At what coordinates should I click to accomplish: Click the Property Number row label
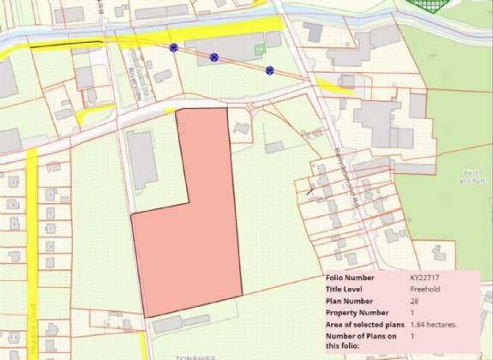pyautogui.click(x=352, y=314)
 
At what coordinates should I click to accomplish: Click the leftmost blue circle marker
pyautogui.click(x=174, y=48)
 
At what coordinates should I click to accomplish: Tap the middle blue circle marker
pyautogui.click(x=214, y=57)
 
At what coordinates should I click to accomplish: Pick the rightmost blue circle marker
pyautogui.click(x=269, y=69)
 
